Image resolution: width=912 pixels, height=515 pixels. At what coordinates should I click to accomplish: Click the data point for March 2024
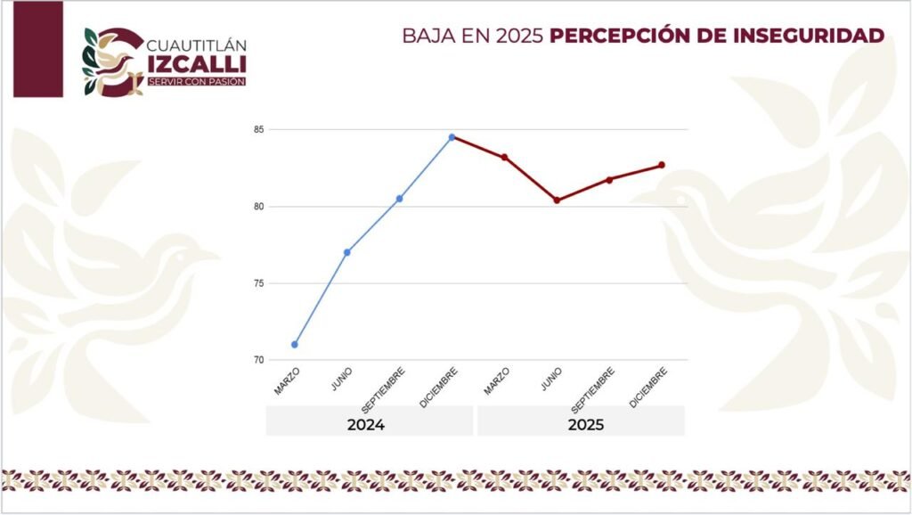[295, 344]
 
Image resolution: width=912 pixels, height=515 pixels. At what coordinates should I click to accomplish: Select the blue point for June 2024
[346, 252]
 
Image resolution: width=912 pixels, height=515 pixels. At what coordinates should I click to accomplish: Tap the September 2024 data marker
[399, 199]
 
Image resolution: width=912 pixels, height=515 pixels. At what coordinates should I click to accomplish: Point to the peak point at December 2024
[452, 137]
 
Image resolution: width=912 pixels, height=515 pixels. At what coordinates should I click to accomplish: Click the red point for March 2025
[504, 157]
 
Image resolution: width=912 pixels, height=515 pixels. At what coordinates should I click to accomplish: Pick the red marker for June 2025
[557, 200]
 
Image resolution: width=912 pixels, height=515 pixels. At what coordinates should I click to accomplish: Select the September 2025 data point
[609, 180]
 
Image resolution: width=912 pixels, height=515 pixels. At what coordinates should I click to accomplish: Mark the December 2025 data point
[662, 165]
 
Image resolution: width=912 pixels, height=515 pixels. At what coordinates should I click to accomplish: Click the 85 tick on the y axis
[258, 130]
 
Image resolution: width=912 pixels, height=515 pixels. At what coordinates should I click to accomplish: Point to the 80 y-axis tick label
[258, 207]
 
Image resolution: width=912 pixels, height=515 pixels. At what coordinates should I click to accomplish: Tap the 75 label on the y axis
[258, 283]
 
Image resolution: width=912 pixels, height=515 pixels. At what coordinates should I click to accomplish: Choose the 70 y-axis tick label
[258, 360]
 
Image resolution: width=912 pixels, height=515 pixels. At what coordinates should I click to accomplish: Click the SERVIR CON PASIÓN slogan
[196, 82]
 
